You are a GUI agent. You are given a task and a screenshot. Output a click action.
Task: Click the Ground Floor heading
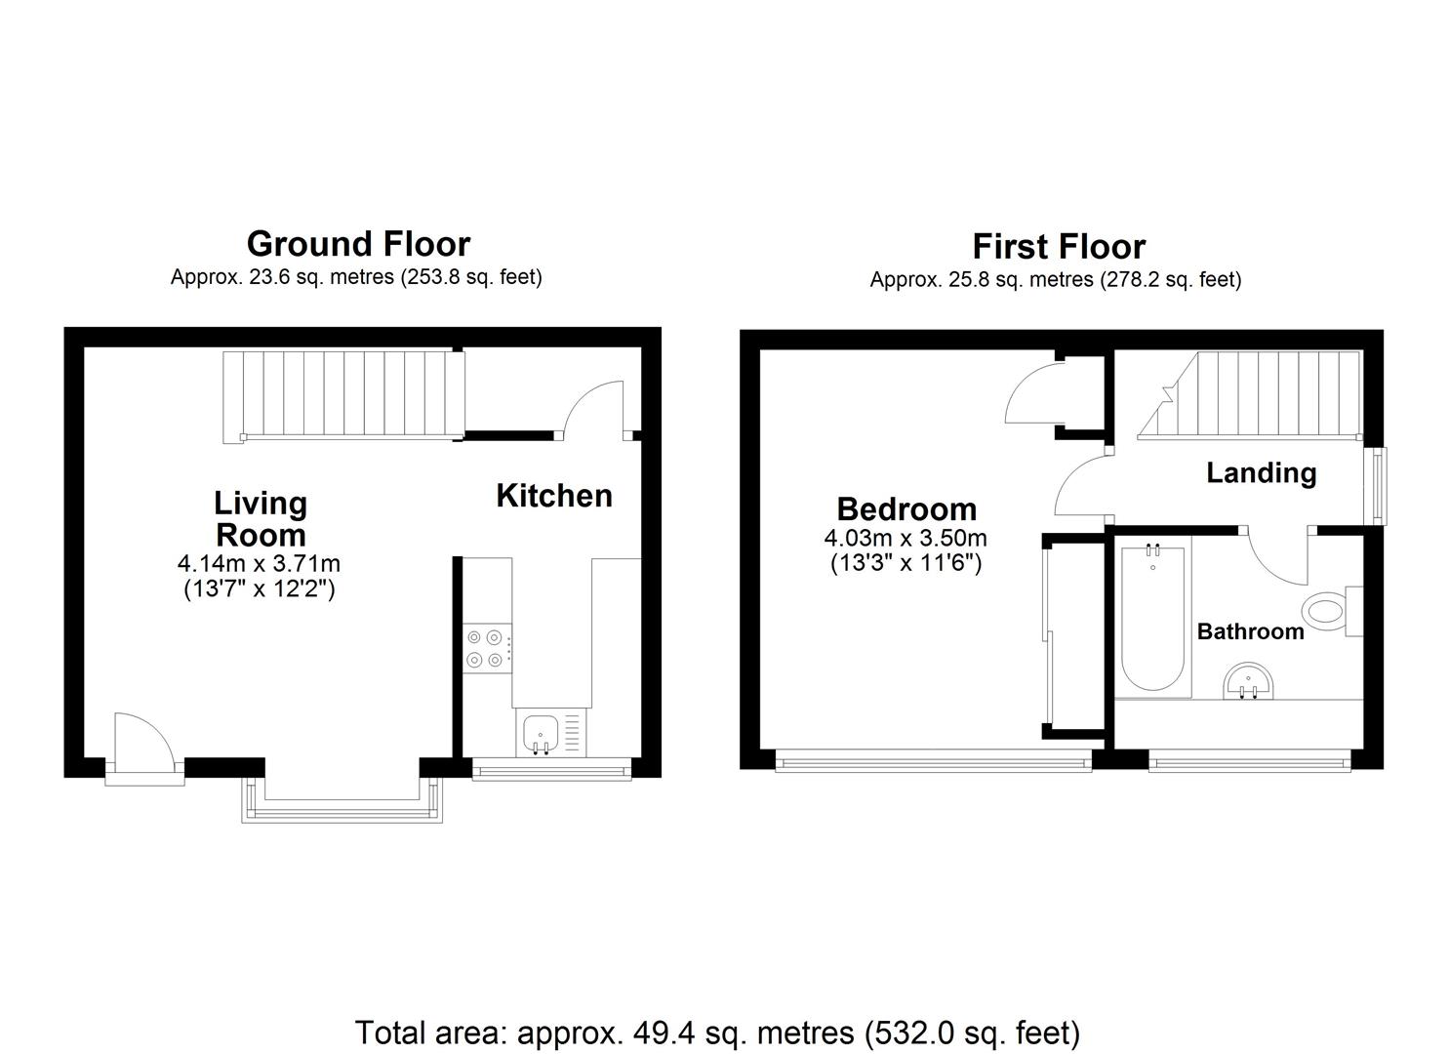(358, 245)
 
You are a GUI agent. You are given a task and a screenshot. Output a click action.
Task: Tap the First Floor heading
(1059, 247)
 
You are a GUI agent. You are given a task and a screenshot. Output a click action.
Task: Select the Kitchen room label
(554, 497)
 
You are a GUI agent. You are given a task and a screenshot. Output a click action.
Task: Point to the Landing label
(1262, 473)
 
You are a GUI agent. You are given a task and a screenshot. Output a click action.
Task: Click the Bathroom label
(1250, 631)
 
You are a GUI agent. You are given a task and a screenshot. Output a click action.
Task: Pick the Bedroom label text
(906, 509)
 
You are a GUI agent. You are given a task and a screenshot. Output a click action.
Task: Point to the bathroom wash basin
(1248, 680)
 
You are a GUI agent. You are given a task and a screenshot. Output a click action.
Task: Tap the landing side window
(1381, 486)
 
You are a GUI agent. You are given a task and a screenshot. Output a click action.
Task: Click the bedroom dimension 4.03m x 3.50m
(906, 539)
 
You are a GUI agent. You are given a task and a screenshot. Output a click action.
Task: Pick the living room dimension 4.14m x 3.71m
(259, 563)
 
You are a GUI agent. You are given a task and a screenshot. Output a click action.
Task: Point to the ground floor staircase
(343, 396)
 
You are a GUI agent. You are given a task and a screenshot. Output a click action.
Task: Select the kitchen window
(551, 770)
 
